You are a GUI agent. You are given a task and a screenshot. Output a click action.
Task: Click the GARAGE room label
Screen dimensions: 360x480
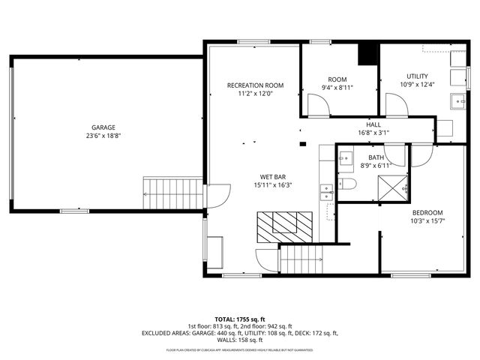(103, 127)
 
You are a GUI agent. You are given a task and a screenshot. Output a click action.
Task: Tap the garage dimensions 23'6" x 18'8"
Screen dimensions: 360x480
(103, 136)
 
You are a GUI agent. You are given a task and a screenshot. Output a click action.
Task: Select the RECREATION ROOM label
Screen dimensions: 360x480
(256, 85)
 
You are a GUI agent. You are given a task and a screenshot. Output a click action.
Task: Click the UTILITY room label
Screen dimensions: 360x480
(417, 76)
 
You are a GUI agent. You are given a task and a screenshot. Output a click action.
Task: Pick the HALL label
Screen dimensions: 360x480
(373, 124)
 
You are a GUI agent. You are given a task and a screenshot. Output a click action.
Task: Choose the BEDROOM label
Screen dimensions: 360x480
(427, 212)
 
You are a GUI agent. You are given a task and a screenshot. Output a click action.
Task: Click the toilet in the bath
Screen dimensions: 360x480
(346, 184)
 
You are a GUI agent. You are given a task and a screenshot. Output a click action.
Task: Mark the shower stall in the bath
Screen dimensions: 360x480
(391, 186)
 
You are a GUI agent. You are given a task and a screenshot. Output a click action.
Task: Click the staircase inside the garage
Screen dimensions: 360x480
(172, 194)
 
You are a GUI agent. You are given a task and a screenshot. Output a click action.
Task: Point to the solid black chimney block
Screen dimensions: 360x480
(367, 54)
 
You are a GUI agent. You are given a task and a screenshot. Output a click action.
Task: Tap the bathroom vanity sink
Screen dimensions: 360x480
(346, 158)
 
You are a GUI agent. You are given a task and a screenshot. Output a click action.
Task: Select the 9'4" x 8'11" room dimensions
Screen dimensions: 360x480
(337, 87)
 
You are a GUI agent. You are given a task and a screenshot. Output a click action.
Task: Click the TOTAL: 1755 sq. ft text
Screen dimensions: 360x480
(241, 319)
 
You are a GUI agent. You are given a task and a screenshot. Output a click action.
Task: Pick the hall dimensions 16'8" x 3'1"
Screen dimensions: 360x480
(373, 133)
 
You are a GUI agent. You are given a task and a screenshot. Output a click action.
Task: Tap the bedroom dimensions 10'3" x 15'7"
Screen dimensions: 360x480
(427, 220)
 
